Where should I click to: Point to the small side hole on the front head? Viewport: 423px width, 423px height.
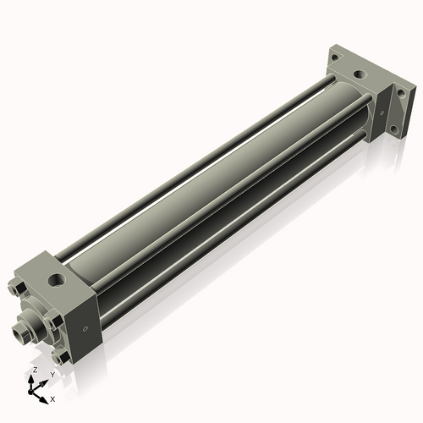tap(85, 330)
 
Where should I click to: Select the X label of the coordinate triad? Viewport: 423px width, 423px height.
tap(52, 398)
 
